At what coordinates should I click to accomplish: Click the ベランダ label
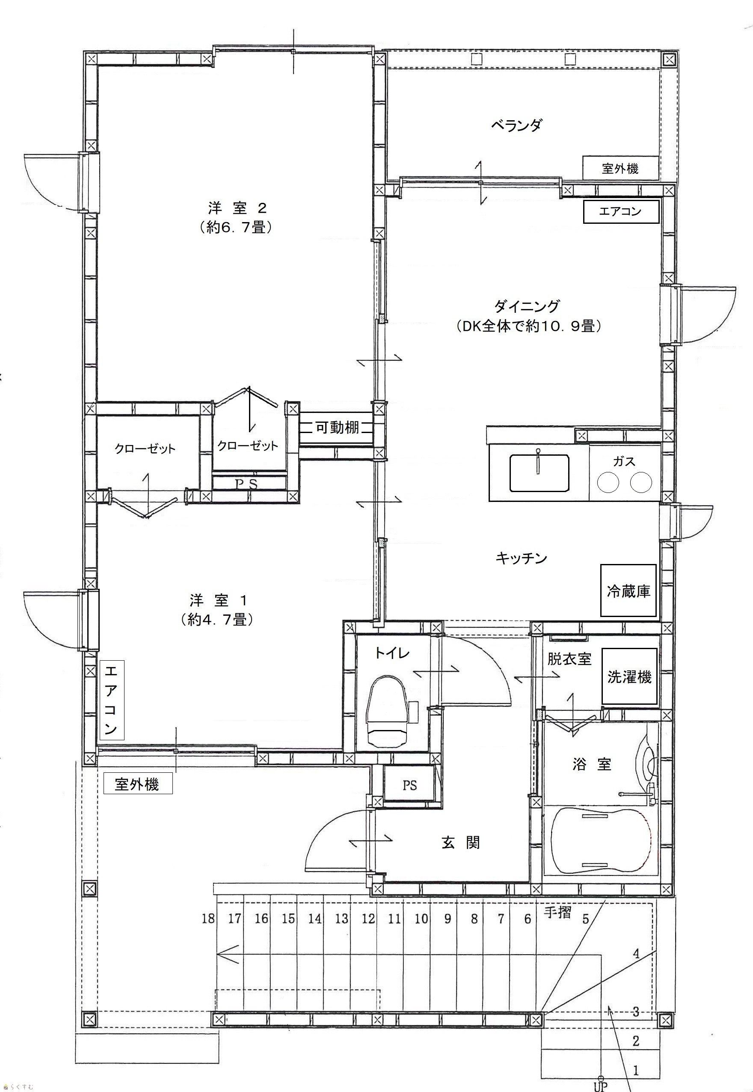pos(517,125)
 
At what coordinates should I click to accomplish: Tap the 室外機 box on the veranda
pos(620,168)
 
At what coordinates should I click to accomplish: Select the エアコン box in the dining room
pos(621,211)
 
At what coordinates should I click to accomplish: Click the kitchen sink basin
pos(539,472)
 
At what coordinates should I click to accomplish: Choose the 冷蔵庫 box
pos(628,591)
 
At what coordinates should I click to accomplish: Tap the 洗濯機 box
pos(629,677)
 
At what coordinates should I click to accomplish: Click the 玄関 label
pos(461,843)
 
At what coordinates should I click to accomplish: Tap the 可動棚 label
pos(337,427)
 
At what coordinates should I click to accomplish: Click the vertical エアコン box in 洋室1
pos(112,700)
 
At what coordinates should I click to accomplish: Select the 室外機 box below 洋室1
pos(137,784)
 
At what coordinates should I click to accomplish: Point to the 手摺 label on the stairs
pos(557,913)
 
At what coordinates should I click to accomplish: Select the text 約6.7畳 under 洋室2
pos(236,228)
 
